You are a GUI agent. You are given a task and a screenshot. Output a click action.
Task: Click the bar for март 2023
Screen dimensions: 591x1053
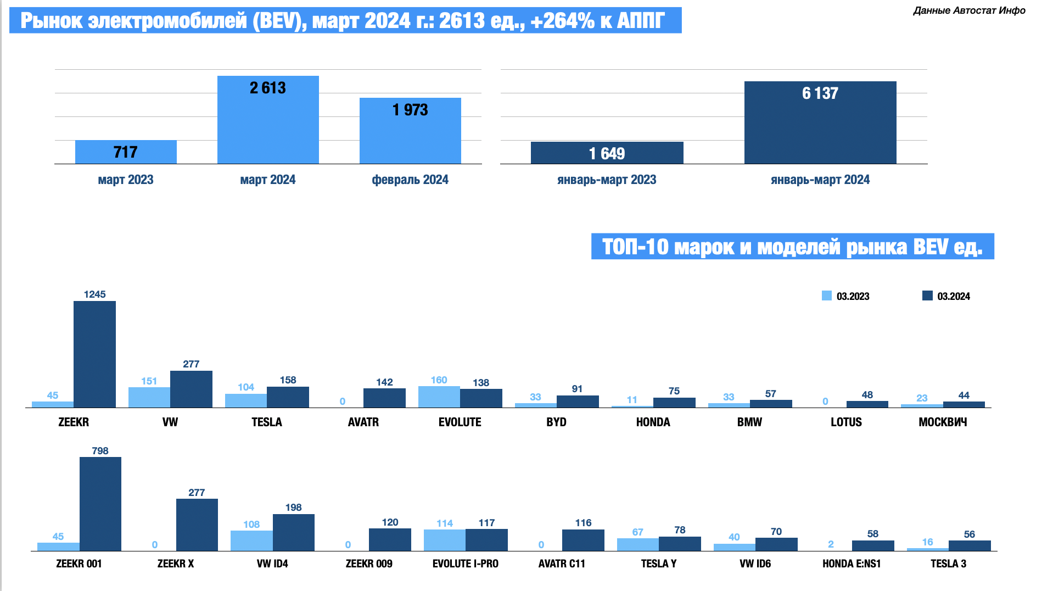(126, 152)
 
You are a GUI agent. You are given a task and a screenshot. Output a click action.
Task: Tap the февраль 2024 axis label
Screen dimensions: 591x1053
(410, 180)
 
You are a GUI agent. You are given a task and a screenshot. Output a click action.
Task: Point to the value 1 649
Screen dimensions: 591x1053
(607, 154)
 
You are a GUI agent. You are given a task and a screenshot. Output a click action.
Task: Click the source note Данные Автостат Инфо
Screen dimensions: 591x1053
(969, 10)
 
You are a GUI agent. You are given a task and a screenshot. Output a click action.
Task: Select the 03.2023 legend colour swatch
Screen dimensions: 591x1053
(826, 296)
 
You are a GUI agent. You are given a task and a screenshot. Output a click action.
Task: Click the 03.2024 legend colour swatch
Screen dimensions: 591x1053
(927, 296)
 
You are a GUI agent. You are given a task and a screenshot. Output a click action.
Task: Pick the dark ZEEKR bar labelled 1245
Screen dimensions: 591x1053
(94, 354)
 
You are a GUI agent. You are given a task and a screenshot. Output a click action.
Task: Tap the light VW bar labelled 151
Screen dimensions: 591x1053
(149, 397)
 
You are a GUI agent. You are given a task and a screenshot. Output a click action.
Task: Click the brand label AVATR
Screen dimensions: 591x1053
(363, 422)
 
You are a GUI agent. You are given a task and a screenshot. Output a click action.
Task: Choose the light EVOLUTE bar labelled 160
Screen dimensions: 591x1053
(439, 397)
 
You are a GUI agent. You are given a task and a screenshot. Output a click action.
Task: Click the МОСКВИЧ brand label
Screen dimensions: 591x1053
(943, 422)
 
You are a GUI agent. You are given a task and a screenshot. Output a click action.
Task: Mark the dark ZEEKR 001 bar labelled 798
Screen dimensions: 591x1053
(100, 504)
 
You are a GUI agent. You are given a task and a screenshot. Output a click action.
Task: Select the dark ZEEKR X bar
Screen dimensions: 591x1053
(197, 525)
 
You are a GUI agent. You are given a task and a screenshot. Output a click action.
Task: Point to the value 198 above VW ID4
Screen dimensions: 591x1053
(294, 508)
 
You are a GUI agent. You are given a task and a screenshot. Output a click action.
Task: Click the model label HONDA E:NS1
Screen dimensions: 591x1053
(852, 564)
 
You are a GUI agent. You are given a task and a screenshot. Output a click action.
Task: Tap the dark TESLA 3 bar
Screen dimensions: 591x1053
(970, 545)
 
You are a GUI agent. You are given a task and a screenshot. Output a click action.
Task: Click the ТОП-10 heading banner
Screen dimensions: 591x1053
(792, 247)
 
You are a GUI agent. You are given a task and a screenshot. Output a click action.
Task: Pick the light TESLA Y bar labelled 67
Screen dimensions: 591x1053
(638, 544)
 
